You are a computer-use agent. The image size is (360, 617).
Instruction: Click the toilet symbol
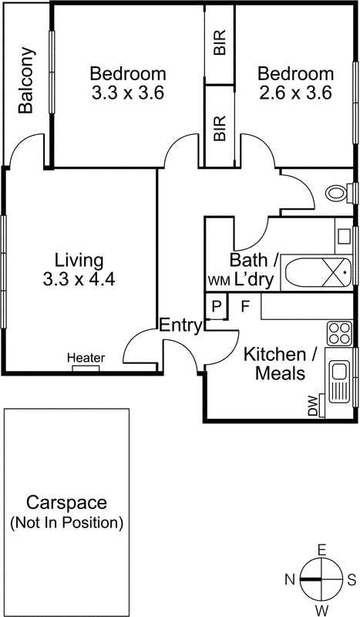[336, 192]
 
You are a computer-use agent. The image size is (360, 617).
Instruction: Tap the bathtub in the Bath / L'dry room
[317, 272]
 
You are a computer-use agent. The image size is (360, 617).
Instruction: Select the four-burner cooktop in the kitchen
[338, 332]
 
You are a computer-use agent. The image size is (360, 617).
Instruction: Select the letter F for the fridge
[245, 306]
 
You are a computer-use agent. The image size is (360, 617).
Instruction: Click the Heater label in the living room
[86, 358]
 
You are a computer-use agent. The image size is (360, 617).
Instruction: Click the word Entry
[180, 325]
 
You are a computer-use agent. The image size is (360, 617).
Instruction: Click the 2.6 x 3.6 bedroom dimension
[295, 93]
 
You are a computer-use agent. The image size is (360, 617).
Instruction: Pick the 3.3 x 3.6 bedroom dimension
[128, 93]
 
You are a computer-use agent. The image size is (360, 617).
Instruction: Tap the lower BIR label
[220, 127]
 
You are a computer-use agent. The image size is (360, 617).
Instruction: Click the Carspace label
[66, 502]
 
